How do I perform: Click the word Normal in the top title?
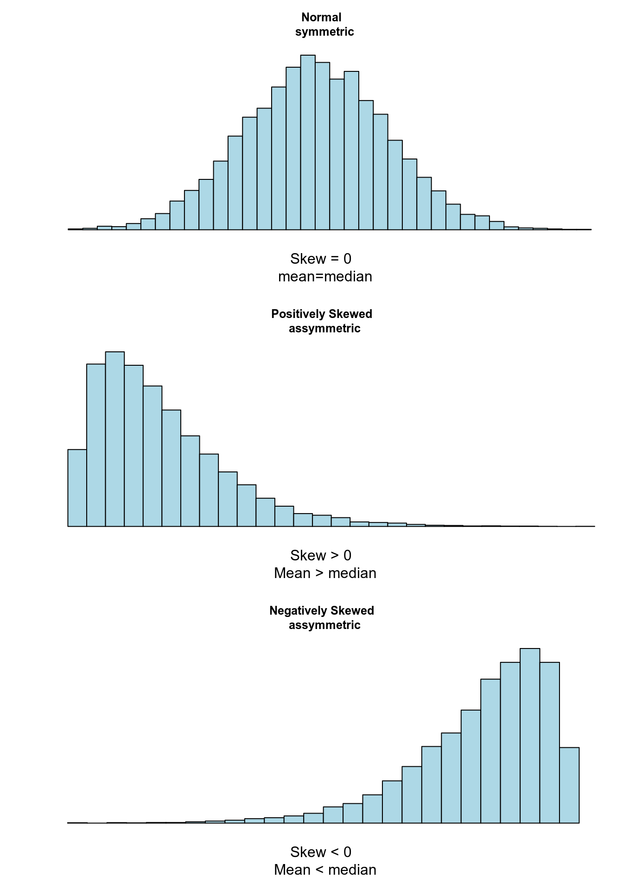[x=321, y=18]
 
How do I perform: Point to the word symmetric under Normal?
[x=324, y=32]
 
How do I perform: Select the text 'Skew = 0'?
[x=321, y=259]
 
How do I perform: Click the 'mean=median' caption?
[x=325, y=277]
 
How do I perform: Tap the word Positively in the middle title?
[x=297, y=314]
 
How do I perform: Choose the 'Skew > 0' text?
[x=321, y=555]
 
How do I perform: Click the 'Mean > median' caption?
[x=325, y=573]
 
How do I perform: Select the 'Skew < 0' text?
[x=321, y=852]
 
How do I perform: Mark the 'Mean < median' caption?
[x=325, y=870]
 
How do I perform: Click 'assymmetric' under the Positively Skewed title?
[x=324, y=329]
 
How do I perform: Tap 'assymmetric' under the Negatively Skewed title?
[x=324, y=625]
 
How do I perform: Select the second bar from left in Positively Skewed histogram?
[x=96, y=445]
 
